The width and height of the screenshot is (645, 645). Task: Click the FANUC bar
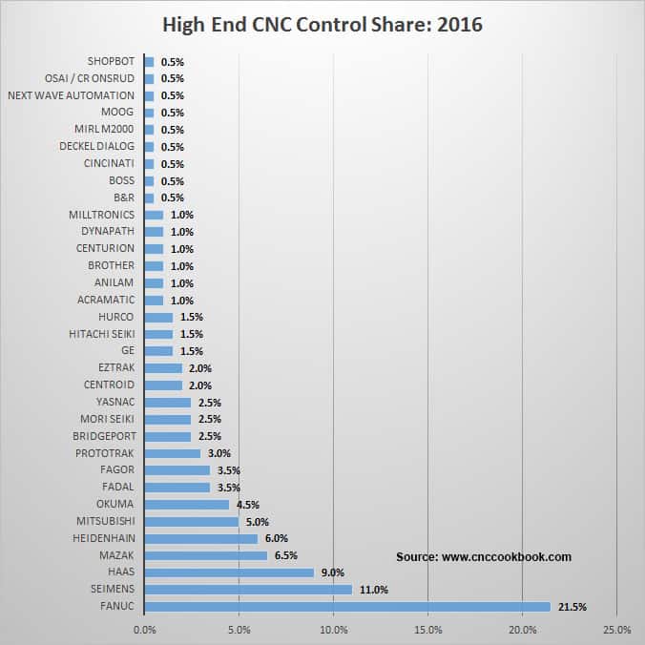tap(347, 606)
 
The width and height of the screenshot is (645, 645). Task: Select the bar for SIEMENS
tap(248, 590)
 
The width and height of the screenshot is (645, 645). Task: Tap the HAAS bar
tap(229, 572)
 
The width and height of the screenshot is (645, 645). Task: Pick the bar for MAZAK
tap(205, 555)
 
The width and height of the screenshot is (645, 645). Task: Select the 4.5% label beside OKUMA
tap(247, 505)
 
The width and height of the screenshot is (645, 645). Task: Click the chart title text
tap(322, 24)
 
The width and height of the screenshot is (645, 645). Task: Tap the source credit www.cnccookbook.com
tap(484, 556)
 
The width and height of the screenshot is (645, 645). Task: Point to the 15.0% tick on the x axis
tap(427, 630)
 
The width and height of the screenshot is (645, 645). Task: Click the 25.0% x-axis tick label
tap(616, 630)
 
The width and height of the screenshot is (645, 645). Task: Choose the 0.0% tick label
tap(144, 630)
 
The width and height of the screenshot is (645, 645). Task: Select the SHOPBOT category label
tap(111, 62)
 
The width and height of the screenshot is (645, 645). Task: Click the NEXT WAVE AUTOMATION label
tap(71, 95)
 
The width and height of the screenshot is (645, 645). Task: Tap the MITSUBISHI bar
tap(191, 522)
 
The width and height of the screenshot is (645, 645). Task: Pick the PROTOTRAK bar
tap(172, 453)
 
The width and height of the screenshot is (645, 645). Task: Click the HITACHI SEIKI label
tap(102, 334)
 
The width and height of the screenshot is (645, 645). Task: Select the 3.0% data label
tap(218, 454)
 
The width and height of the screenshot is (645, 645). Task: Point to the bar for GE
tap(158, 351)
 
